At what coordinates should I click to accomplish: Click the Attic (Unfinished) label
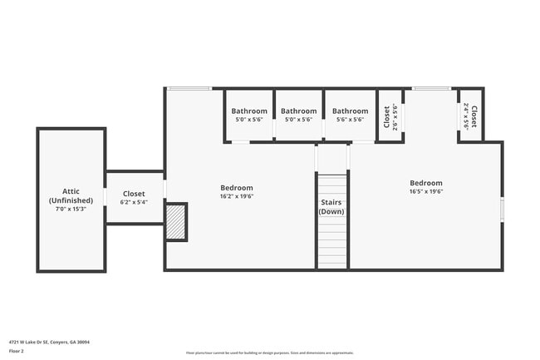coord(71,195)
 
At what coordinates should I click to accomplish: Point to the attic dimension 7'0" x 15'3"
coord(71,209)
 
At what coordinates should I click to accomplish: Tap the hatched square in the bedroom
coord(176,222)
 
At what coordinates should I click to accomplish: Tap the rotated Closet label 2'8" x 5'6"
coord(388,116)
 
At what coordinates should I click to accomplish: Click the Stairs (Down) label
coord(332,206)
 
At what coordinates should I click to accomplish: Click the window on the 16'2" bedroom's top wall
coord(189,88)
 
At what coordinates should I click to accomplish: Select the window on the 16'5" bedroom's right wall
coord(502,209)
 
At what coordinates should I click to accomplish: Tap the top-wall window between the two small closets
coord(431,88)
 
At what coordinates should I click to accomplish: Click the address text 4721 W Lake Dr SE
coord(49,342)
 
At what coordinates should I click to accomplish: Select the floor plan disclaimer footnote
coord(269,353)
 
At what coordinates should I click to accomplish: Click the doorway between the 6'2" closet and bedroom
coord(164,190)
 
